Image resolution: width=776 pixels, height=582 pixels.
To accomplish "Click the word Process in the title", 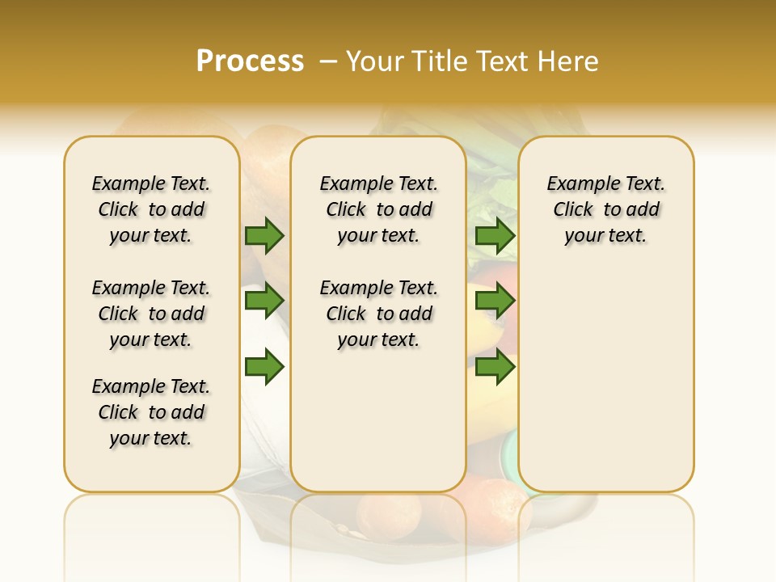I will pyautogui.click(x=250, y=61).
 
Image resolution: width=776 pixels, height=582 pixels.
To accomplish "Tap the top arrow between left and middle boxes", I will pyautogui.click(x=264, y=236).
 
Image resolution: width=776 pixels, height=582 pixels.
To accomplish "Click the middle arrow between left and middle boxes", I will pyautogui.click(x=264, y=302).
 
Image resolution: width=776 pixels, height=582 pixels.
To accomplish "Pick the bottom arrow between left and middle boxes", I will pyautogui.click(x=264, y=367).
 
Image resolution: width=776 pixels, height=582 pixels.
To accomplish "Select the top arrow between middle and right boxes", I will pyautogui.click(x=495, y=236).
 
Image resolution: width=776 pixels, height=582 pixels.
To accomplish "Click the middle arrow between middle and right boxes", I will pyautogui.click(x=495, y=302).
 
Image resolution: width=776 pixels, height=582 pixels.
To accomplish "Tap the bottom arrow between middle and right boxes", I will pyautogui.click(x=495, y=367).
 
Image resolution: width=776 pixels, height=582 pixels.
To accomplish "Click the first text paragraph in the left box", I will pyautogui.click(x=151, y=209).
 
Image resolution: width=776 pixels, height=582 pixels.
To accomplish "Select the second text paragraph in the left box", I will pyautogui.click(x=151, y=314).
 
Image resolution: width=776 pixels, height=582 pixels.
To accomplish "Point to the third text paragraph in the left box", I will pyautogui.click(x=151, y=412).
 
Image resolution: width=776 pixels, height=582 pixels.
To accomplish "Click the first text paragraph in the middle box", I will pyautogui.click(x=378, y=209).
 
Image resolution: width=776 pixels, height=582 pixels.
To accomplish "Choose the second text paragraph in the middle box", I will pyautogui.click(x=378, y=314).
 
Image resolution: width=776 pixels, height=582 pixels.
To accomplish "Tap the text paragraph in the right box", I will pyautogui.click(x=605, y=209).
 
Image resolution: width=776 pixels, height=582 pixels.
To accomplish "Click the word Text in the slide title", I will pyautogui.click(x=501, y=61).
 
